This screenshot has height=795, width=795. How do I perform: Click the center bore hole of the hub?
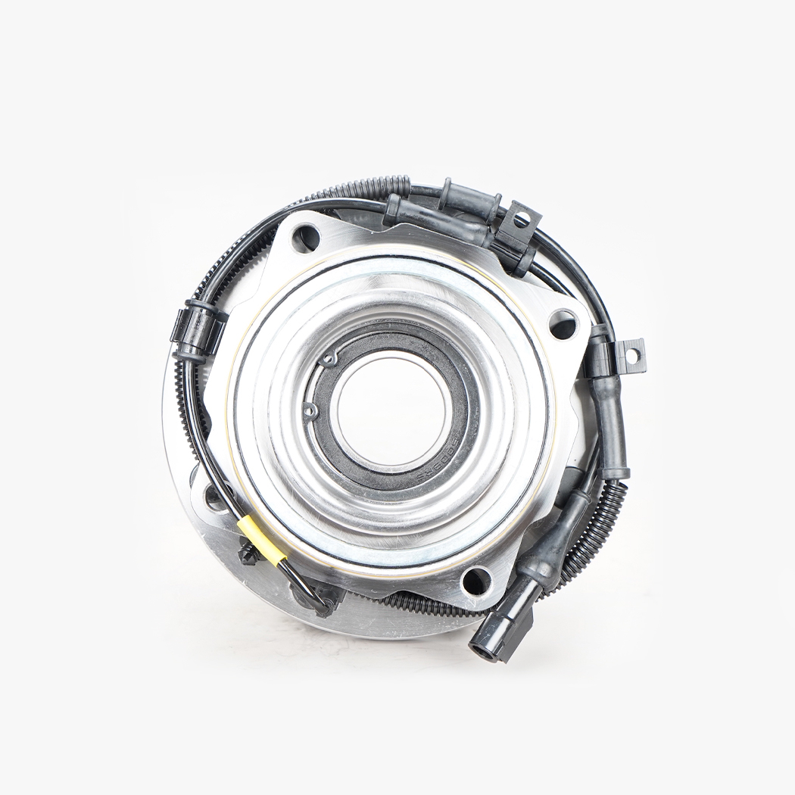point(391,410)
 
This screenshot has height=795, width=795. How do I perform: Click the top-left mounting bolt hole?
point(306,238)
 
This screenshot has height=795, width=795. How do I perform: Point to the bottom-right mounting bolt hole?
point(475,581)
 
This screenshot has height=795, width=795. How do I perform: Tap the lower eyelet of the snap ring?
point(310,410)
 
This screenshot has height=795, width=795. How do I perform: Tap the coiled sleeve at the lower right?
point(598,530)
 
